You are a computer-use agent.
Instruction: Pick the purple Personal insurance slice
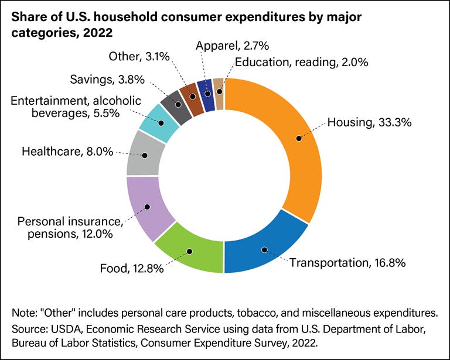(x=146, y=208)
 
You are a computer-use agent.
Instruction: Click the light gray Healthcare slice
(x=144, y=153)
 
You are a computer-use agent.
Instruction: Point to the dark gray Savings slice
(x=177, y=105)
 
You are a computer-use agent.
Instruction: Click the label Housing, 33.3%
(x=362, y=123)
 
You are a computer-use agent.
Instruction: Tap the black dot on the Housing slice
(x=299, y=139)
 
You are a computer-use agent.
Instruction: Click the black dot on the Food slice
(x=189, y=251)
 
